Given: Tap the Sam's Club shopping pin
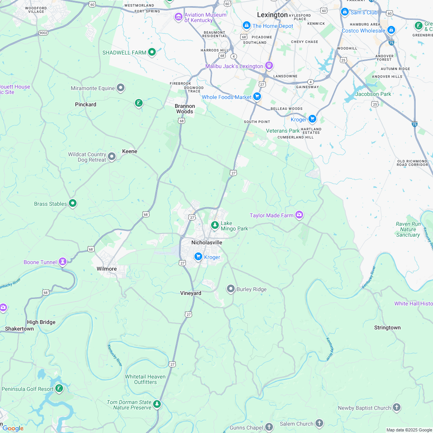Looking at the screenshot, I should [345, 12].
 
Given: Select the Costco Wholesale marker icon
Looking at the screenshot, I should [391, 30].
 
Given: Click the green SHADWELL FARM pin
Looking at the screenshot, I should [152, 52].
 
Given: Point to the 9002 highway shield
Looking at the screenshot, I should [43, 33].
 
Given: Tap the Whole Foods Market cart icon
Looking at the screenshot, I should [257, 97].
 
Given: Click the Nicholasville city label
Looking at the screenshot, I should [207, 242].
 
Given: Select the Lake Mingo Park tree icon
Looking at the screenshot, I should [215, 225].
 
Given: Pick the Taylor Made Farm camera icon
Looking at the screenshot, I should [299, 215].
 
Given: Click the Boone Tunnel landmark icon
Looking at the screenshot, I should [62, 262].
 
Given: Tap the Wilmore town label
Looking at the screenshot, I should [107, 269].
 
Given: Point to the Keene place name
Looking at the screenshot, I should [130, 151].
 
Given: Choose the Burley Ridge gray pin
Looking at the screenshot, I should [231, 289].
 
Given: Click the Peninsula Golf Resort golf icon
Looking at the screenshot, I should [59, 388].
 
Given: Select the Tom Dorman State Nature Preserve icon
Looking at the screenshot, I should [157, 404].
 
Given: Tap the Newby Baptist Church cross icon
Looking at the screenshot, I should [396, 407].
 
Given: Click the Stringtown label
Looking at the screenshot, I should [387, 327].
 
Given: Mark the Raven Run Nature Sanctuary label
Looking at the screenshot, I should [408, 229].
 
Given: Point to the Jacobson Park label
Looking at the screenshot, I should [373, 94].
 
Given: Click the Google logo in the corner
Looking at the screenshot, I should [12, 428].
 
